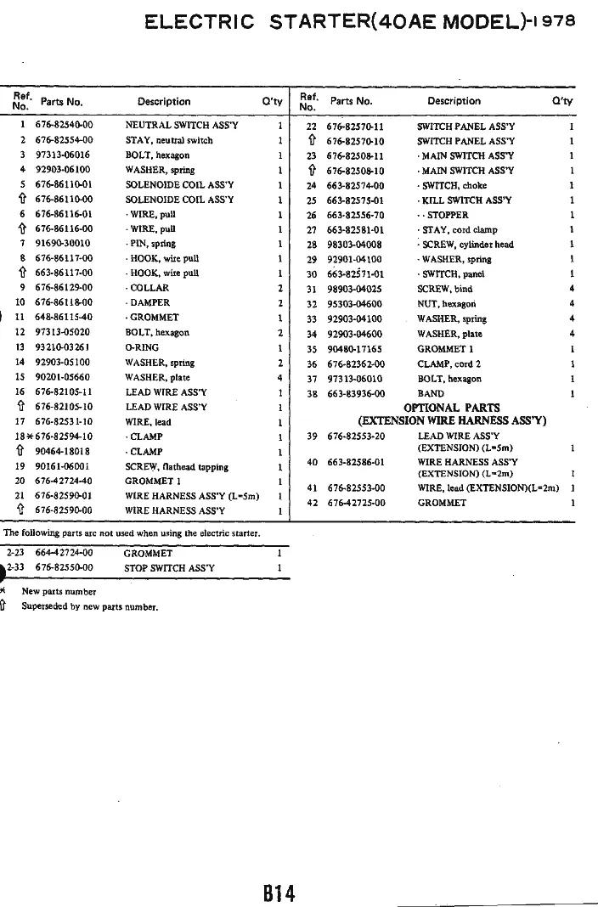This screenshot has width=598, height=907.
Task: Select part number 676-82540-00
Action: pos(64,125)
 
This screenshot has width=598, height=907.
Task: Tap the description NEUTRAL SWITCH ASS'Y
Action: pos(182,125)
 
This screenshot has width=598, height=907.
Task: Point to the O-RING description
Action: pos(141,347)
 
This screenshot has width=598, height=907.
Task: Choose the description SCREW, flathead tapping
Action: pos(177,466)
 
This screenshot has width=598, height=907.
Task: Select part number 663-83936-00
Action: pos(355,393)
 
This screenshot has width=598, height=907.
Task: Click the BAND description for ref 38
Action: pos(430,393)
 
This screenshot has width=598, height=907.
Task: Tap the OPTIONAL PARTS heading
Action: pos(451,408)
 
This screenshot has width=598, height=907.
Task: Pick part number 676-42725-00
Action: pos(356,503)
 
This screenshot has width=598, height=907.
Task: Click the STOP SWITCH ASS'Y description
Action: pos(169,567)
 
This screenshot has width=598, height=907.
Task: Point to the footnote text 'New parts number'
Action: pos(59,591)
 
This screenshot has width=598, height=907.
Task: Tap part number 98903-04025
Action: pos(355,289)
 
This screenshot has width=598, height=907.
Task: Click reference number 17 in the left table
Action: pos(20,422)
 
